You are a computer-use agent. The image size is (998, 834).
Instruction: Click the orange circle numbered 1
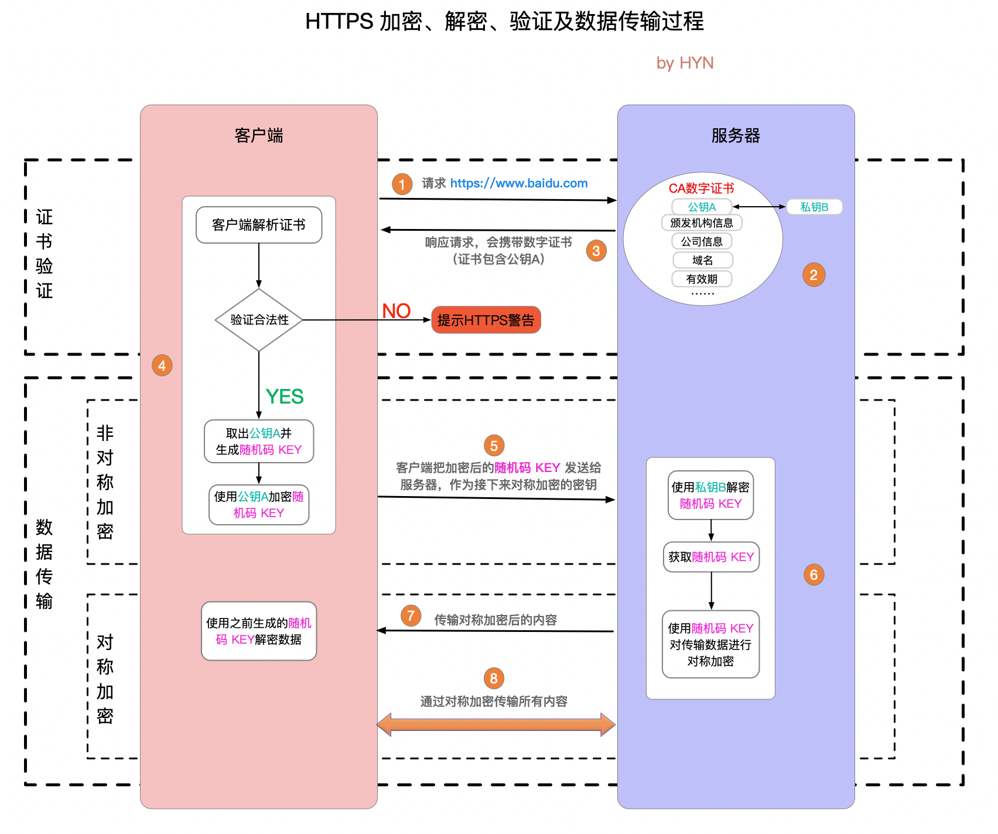click(x=402, y=184)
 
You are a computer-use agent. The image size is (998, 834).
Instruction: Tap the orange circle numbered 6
click(x=814, y=575)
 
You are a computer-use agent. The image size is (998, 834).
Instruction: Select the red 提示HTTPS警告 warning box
click(x=486, y=320)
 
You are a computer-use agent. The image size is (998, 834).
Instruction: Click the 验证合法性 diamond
click(x=259, y=320)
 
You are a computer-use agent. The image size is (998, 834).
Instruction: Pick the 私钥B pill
click(x=814, y=207)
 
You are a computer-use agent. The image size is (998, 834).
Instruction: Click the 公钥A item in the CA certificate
click(x=702, y=207)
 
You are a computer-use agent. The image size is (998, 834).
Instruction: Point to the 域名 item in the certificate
click(x=702, y=260)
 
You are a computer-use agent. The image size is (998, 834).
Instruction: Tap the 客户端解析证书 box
click(x=259, y=225)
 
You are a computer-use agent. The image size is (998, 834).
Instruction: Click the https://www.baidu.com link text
click(x=519, y=183)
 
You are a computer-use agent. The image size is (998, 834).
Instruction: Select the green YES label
click(x=285, y=397)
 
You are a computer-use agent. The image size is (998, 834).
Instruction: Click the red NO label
click(x=397, y=311)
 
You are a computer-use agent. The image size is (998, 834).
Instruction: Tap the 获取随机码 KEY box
click(x=711, y=557)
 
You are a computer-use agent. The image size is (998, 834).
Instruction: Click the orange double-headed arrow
click(x=495, y=724)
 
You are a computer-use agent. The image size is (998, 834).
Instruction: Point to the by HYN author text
click(x=685, y=63)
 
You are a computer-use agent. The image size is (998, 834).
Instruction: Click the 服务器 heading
click(x=736, y=136)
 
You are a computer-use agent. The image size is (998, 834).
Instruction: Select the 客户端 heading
click(x=259, y=136)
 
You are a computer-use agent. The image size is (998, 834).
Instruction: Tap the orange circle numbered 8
click(x=494, y=678)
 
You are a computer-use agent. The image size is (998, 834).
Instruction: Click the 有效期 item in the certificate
click(x=702, y=279)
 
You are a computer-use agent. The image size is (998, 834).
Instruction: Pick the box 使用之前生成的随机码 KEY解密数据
click(x=259, y=631)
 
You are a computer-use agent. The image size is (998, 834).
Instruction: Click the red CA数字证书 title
click(x=701, y=189)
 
